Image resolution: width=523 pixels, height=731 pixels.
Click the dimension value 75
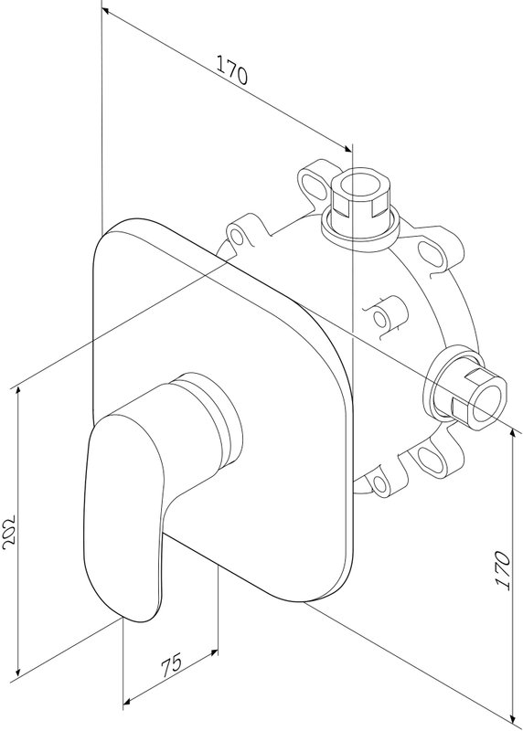pyautogui.click(x=172, y=666)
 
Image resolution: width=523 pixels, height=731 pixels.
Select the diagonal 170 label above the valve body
pyautogui.click(x=232, y=69)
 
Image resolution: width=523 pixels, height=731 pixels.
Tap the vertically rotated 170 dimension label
pyautogui.click(x=503, y=569)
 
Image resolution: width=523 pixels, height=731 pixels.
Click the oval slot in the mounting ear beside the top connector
pyautogui.click(x=313, y=182)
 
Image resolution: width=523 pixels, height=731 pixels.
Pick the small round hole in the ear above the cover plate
pyautogui.click(x=238, y=238)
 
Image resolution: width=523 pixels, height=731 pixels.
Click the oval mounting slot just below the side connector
pyautogui.click(x=430, y=460)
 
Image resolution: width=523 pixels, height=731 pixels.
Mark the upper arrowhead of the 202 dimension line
pyautogui.click(x=17, y=391)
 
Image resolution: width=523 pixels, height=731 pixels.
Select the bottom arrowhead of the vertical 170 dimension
pyautogui.click(x=514, y=726)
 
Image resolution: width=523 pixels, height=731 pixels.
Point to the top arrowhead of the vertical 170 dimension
pyautogui.click(x=514, y=432)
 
